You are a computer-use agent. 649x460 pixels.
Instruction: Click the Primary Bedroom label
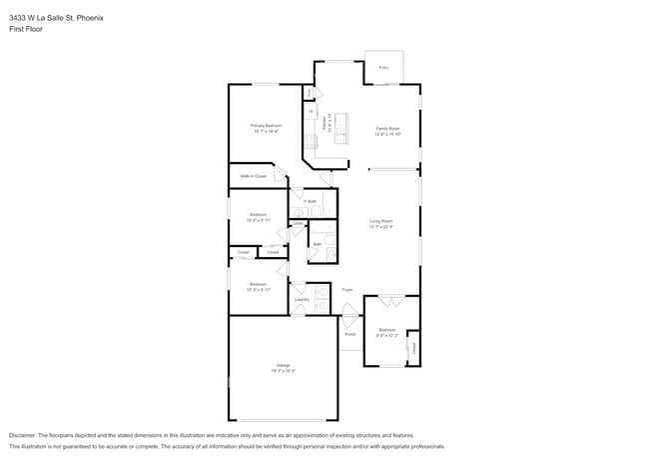(x=265, y=125)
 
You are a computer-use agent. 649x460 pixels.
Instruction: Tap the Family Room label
(x=387, y=128)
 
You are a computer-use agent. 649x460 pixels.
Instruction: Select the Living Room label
(x=380, y=221)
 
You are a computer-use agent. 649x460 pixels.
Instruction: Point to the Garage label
(x=283, y=365)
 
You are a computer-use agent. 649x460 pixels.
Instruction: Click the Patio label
(x=383, y=68)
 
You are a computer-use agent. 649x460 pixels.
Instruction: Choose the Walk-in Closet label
(x=253, y=176)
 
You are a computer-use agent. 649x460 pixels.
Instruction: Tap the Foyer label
(x=347, y=290)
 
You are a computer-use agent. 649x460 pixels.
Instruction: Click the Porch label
(x=350, y=334)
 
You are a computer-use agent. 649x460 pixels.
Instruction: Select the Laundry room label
(x=302, y=299)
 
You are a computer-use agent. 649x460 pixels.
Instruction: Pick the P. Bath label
(x=311, y=202)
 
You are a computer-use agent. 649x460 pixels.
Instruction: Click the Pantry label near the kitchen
(x=309, y=93)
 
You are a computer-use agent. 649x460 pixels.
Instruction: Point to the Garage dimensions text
(x=283, y=370)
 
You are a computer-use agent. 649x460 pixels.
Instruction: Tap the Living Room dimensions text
(x=380, y=227)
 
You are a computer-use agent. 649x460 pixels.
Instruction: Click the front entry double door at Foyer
(x=348, y=317)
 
